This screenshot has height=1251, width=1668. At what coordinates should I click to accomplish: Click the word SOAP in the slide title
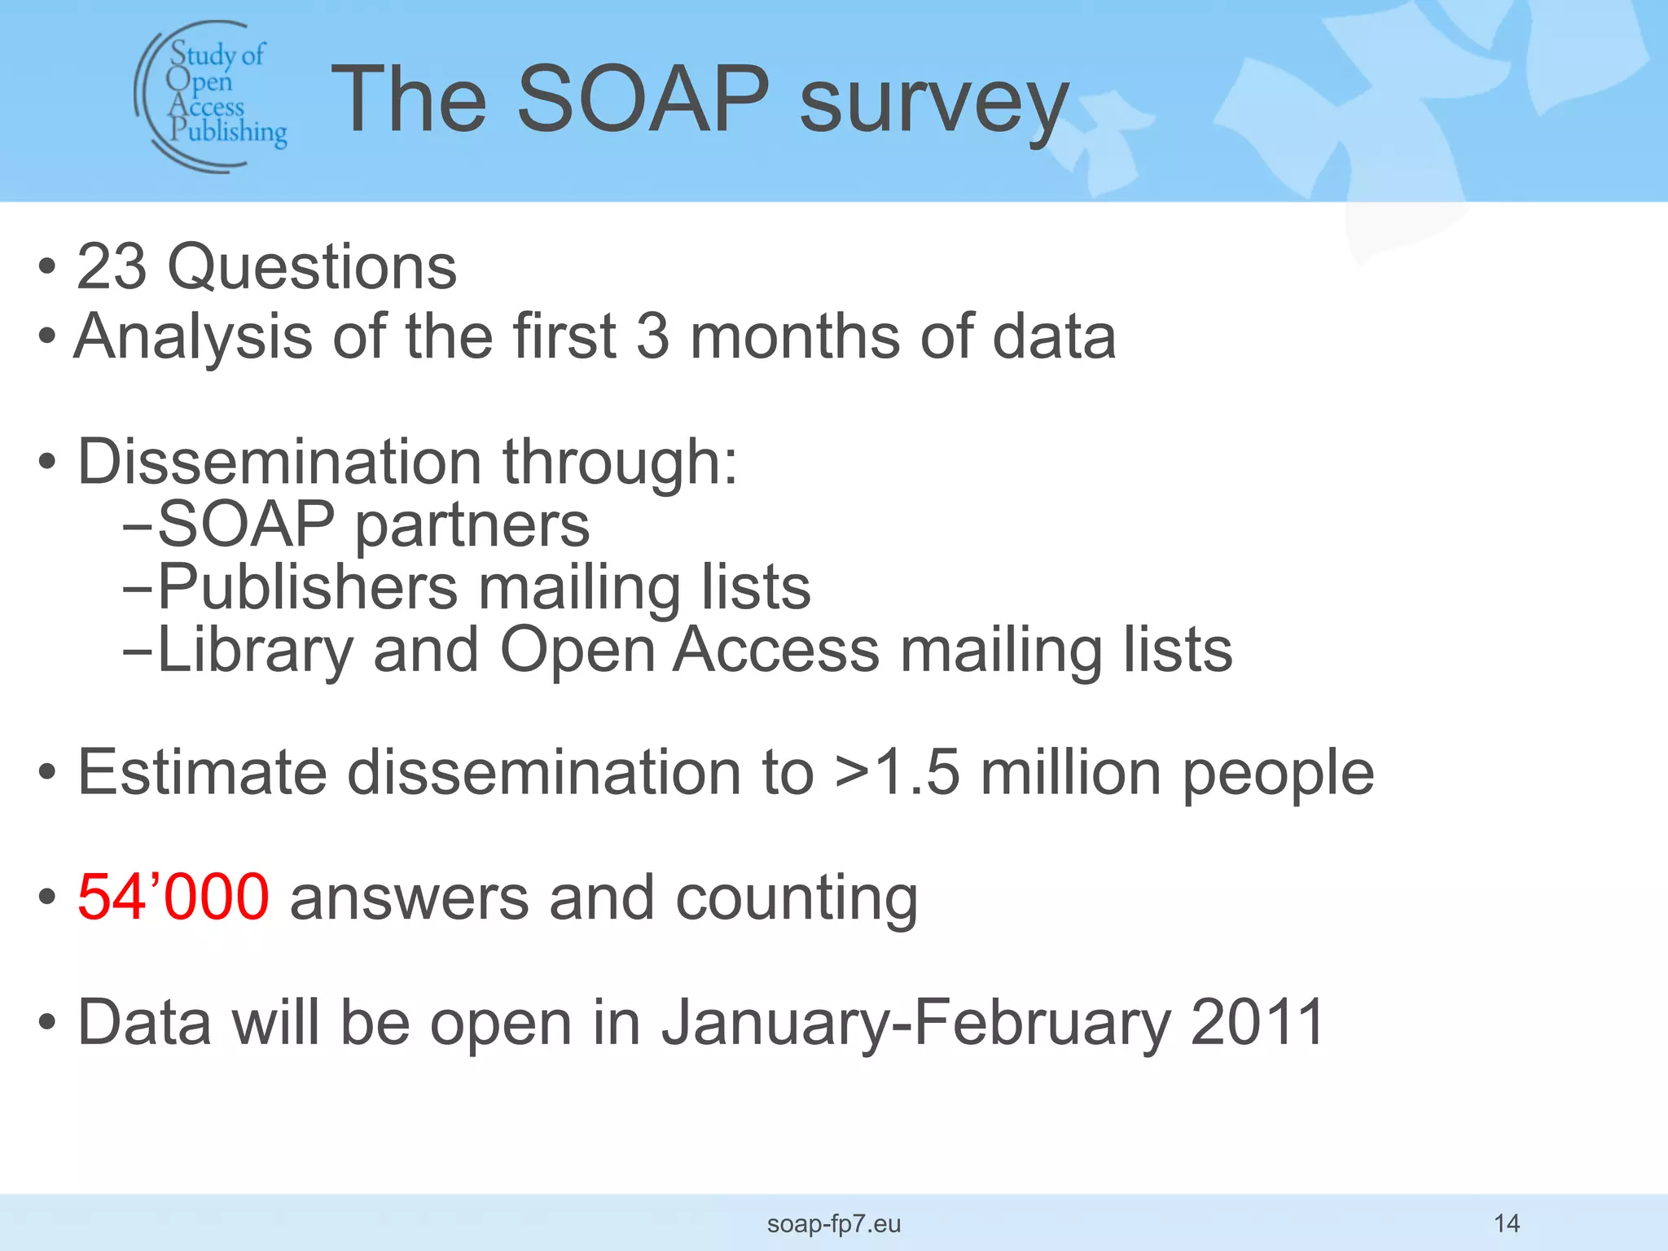tap(643, 99)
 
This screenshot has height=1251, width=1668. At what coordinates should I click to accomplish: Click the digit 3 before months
tap(652, 337)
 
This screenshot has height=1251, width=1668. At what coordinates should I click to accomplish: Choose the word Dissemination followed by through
tap(279, 462)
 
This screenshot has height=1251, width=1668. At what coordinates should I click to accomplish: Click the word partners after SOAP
tap(472, 525)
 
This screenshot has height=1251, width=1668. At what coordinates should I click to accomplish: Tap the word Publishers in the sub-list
tap(308, 587)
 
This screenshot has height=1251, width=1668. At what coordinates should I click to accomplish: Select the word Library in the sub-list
tap(256, 652)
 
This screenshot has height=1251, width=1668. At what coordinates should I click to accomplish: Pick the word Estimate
tap(202, 772)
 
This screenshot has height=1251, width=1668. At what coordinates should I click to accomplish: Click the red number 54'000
tap(173, 898)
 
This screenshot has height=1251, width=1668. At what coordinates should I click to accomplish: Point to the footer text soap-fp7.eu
tap(834, 1223)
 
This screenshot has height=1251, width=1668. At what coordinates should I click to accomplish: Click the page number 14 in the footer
tap(1507, 1222)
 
